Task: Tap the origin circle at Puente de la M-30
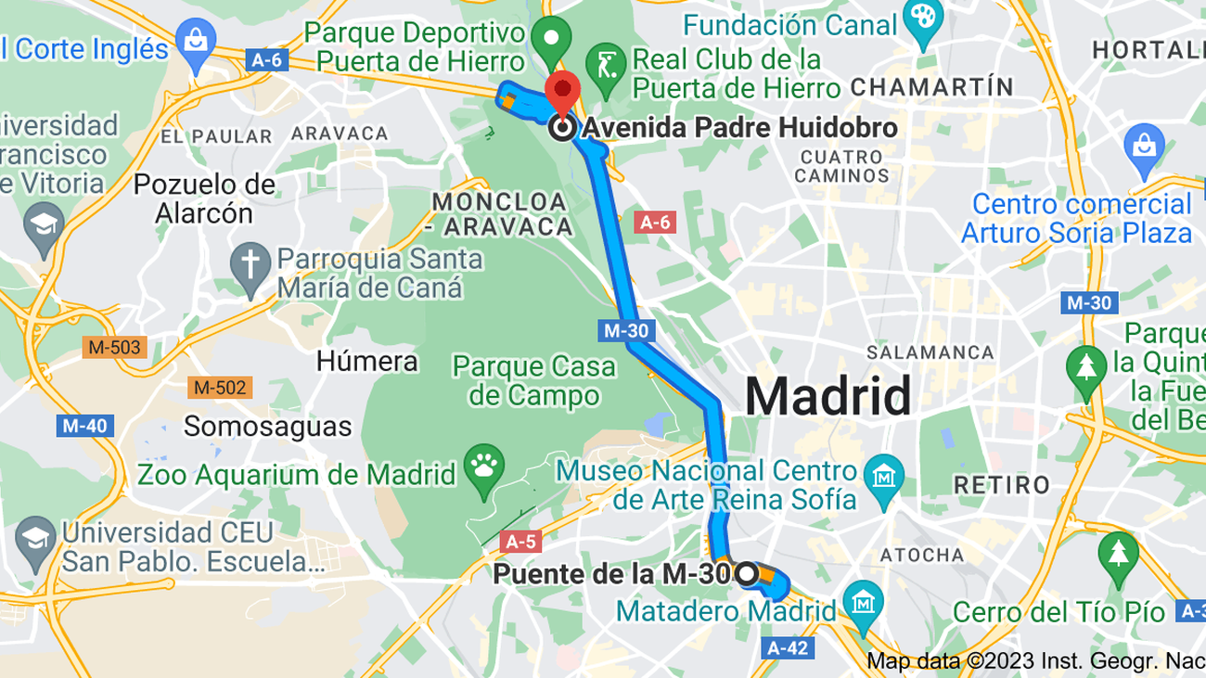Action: (x=746, y=573)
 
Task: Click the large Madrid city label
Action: (x=828, y=396)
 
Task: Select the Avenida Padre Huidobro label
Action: (x=739, y=128)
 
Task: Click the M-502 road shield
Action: (x=217, y=388)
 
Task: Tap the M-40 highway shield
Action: (x=85, y=427)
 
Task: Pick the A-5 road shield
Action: (x=520, y=541)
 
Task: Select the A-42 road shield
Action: (x=788, y=647)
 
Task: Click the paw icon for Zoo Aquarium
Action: (x=484, y=464)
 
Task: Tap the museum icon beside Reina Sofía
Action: (x=883, y=475)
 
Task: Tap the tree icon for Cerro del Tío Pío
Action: (x=1118, y=553)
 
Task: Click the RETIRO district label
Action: (x=1002, y=484)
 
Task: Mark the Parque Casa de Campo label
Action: (x=533, y=381)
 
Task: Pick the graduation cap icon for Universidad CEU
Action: (x=35, y=536)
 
